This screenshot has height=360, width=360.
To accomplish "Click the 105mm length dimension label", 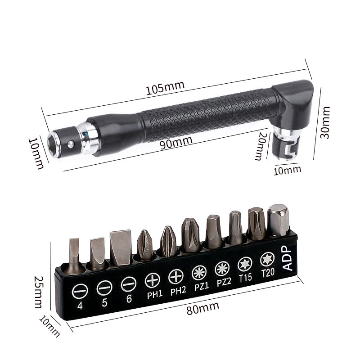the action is [165, 88].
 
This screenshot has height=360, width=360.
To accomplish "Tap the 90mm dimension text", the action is [176, 142].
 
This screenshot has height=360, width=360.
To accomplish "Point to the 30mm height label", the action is [325, 122].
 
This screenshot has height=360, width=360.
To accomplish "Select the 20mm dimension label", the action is [261, 146].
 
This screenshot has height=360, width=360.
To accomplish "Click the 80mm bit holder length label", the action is [203, 308].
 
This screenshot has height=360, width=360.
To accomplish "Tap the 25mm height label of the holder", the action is [38, 292].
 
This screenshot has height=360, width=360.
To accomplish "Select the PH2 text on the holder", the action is [178, 291].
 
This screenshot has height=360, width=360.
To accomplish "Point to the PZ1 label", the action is [202, 287].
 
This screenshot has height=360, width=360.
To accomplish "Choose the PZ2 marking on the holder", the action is [224, 282].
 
